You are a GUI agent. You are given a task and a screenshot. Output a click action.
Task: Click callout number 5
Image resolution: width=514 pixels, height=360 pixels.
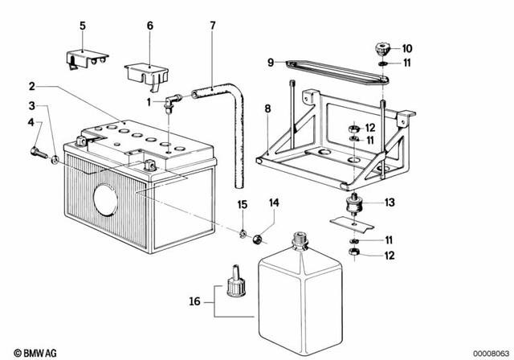coord(81,27)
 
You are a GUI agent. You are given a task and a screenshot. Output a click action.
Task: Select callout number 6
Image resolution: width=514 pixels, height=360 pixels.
coord(149,27)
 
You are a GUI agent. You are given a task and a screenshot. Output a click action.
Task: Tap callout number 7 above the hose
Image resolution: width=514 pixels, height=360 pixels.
coord(212,27)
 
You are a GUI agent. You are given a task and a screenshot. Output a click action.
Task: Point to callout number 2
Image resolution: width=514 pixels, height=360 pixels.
coord(32,86)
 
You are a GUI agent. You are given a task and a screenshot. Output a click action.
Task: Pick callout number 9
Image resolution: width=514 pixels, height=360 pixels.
coord(271,62)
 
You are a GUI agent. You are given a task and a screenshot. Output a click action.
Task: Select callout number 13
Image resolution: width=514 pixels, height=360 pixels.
coord(390,203)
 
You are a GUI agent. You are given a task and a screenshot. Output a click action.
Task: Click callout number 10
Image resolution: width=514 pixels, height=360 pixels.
coord(406,48)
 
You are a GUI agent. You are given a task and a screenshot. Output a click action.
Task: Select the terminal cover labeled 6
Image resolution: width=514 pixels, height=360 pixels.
coord(145,71)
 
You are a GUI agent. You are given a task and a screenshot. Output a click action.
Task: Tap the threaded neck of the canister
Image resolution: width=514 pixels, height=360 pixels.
coord(300,239)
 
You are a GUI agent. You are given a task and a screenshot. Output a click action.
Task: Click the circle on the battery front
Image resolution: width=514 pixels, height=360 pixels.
coord(105,199)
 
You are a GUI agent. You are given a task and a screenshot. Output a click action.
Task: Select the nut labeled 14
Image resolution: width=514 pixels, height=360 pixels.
coord(259,238)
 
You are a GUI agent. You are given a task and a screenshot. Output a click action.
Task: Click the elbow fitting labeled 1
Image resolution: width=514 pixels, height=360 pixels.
coord(170,101)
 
